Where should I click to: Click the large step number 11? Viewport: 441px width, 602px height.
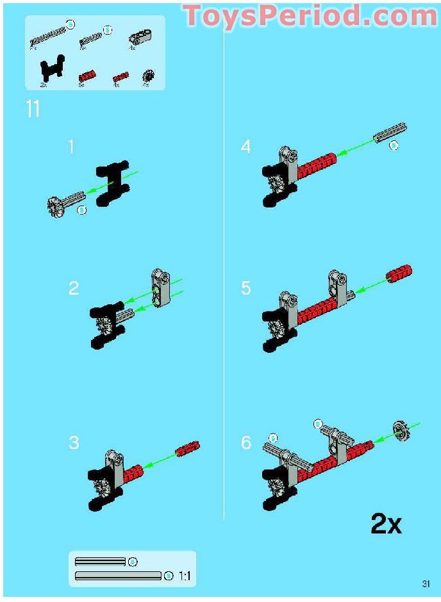point(33,109)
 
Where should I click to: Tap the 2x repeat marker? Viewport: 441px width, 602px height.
point(386,524)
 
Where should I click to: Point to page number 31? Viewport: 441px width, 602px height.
point(426,583)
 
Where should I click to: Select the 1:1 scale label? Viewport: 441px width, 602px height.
point(185,576)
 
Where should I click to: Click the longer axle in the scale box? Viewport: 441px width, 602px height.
point(118,576)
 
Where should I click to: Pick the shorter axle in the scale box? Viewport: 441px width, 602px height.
point(100,562)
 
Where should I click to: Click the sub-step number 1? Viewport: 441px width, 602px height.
point(72,147)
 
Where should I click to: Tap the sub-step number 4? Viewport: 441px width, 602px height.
point(246,147)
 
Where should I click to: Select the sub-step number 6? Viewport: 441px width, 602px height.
point(246,443)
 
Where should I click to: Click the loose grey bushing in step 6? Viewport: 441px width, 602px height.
point(401,431)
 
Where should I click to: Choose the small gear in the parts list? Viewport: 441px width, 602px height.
point(147,76)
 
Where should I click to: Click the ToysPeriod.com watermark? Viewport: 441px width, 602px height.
point(310,16)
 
